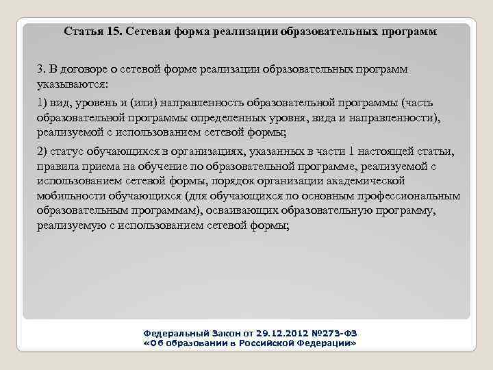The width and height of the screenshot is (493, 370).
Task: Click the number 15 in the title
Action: [x=114, y=32]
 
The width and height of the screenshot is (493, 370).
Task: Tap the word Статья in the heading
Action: [x=84, y=32]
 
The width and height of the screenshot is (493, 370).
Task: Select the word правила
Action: [x=58, y=166]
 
